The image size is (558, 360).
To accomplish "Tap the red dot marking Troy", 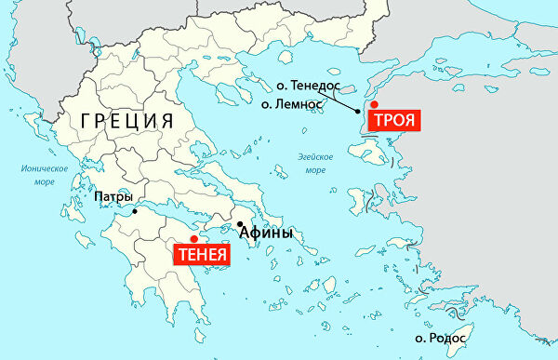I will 375,105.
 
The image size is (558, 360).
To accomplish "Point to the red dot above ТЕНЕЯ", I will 193,239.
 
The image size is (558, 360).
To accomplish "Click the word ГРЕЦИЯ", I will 127,121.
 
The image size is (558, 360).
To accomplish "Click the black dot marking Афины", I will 239,224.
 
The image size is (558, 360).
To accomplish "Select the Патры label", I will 113,197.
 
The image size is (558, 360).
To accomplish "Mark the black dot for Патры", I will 136,211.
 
